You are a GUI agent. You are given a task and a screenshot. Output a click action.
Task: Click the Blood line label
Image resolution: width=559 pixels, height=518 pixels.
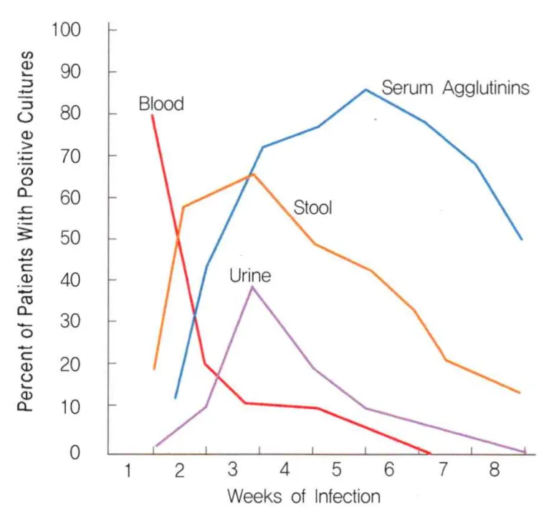161,104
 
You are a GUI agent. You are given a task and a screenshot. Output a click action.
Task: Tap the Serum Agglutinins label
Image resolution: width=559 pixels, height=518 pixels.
455,88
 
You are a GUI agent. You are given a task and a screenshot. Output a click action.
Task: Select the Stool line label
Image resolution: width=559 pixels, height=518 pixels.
313,208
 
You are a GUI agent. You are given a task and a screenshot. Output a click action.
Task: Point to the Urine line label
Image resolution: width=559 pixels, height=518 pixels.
250,275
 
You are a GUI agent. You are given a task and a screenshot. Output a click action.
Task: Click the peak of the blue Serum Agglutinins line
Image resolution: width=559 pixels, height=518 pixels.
366,89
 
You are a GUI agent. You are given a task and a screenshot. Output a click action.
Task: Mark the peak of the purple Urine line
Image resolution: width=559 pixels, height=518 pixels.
252,286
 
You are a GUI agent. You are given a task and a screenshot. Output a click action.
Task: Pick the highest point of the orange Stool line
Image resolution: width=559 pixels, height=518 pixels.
253,174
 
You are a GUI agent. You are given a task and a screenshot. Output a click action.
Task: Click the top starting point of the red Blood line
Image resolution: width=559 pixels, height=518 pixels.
152,115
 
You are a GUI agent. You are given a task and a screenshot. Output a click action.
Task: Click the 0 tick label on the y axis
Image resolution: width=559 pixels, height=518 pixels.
76,453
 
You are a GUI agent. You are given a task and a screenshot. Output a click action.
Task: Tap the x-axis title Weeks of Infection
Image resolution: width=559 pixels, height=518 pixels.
304,496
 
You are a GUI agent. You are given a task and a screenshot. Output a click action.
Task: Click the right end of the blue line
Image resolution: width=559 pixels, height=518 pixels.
522,240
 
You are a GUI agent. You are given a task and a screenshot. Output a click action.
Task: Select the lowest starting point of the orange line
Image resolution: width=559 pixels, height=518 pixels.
154,369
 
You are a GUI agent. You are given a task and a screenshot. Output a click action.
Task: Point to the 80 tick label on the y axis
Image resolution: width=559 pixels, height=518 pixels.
70,114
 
